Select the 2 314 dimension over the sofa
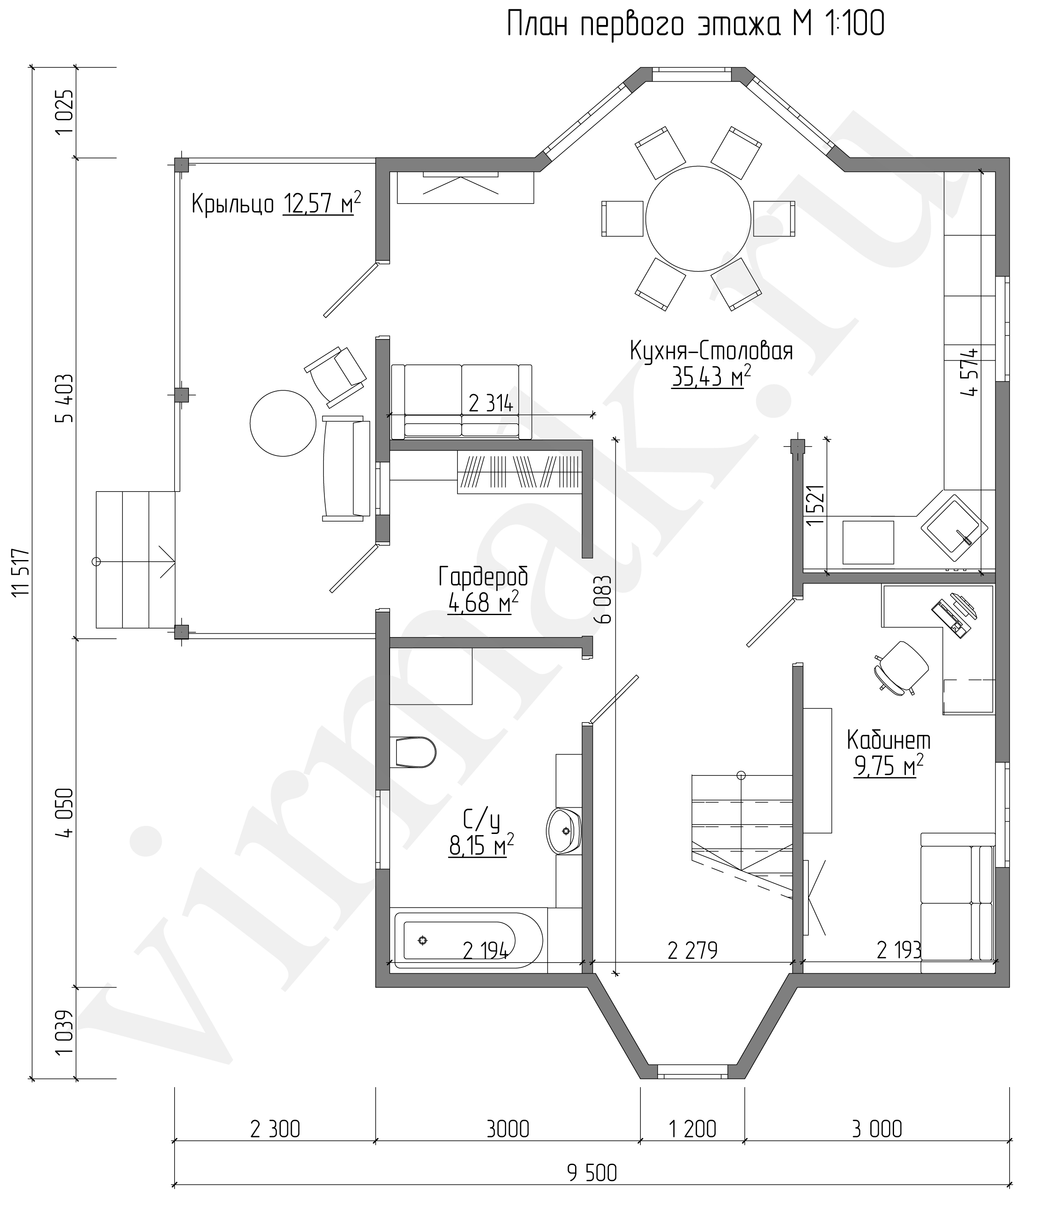point(491,404)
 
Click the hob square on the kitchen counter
point(868,542)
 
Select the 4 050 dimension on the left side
point(66,813)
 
